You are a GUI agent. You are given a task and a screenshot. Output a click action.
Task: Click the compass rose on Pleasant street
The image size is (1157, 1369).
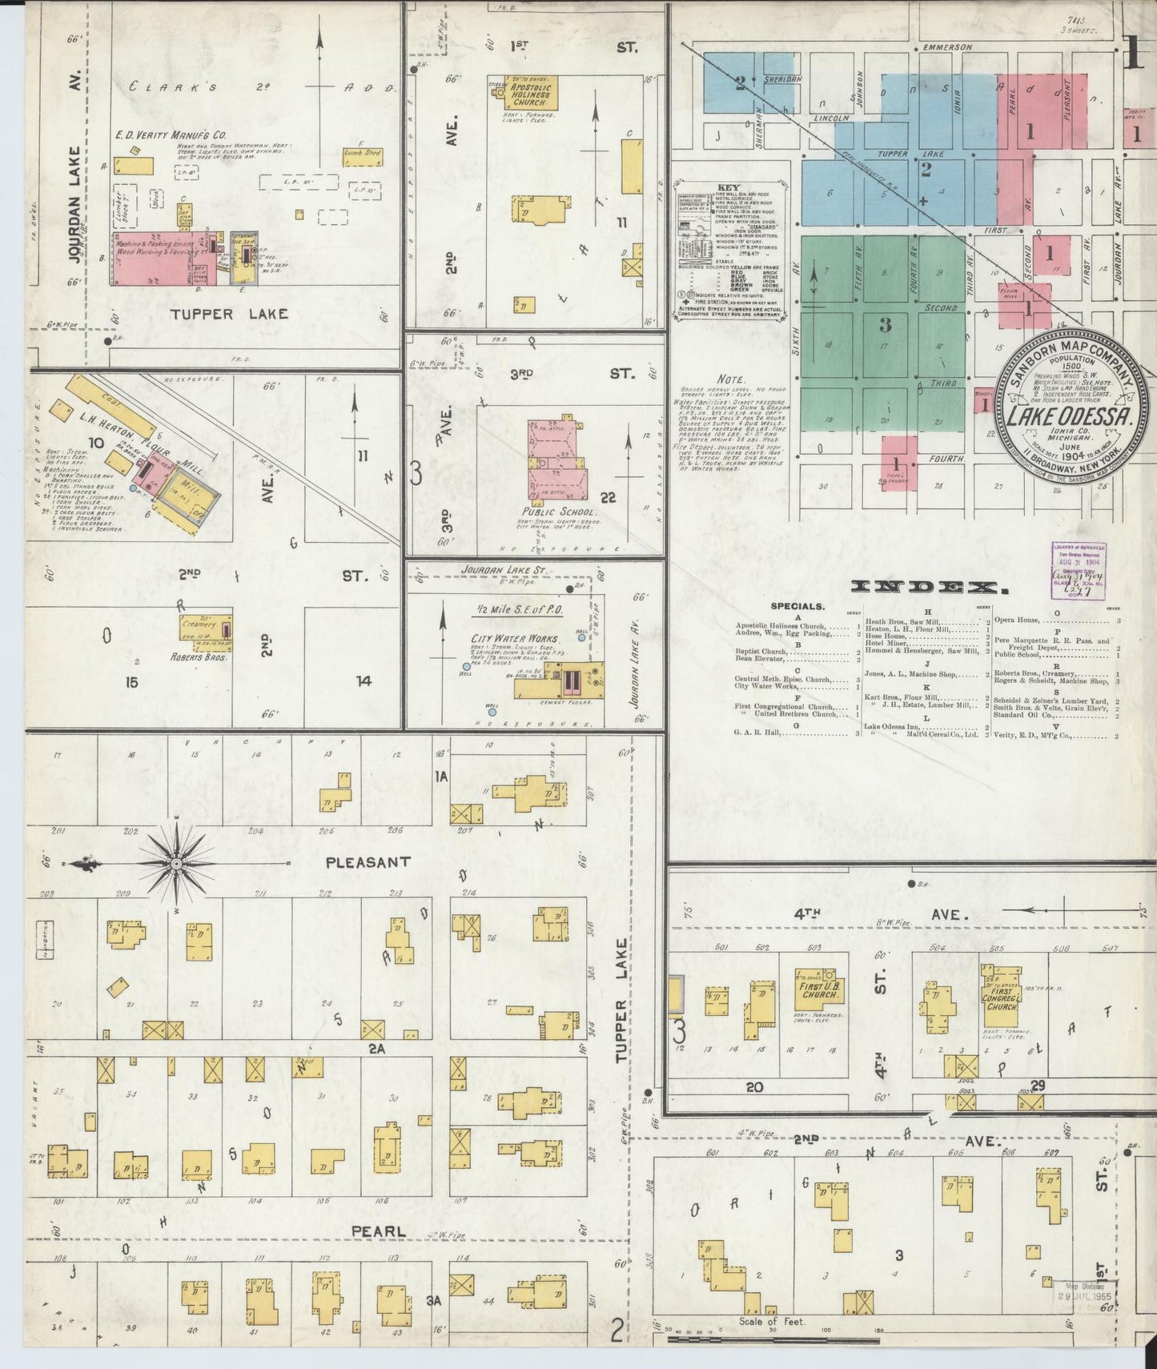coord(177,864)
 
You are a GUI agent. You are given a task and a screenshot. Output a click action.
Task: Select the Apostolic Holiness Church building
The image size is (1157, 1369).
coord(531,94)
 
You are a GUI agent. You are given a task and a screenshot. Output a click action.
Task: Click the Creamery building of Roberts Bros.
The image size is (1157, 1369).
coord(206,627)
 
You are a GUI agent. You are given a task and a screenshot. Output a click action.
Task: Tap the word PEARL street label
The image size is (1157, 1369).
coord(378,1231)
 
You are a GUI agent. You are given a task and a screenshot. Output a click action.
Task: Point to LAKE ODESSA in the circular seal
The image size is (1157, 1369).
coord(1067,416)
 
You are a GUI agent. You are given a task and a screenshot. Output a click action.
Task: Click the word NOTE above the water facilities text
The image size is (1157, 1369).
coord(731,379)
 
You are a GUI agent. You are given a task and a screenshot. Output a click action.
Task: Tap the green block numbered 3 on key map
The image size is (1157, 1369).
coord(884,325)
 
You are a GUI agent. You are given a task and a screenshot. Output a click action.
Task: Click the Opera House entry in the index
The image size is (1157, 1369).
coord(1017,620)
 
